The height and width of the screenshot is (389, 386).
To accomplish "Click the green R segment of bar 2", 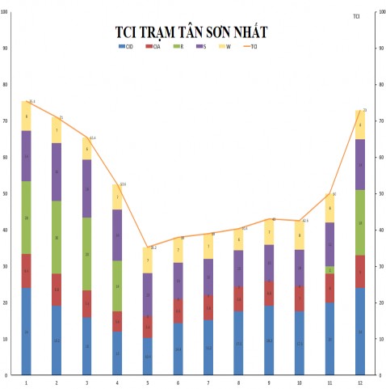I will tap(57, 237).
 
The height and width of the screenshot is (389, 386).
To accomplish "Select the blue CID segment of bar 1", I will tap(27, 332).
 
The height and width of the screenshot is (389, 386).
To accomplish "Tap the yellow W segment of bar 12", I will tap(359, 125).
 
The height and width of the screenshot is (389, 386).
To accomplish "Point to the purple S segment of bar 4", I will tap(117, 235).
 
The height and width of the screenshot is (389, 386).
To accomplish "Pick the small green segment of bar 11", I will tap(329, 270).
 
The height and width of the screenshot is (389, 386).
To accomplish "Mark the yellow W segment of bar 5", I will tap(147, 260).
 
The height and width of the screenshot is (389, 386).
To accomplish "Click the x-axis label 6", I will tap(178, 382).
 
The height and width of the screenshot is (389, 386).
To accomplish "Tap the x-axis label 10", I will tap(299, 382).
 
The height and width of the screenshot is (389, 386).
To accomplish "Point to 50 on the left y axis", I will tap(6, 193).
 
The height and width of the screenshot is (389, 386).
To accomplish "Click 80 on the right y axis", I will tap(380, 85).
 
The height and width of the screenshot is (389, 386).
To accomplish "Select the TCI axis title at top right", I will tap(357, 16).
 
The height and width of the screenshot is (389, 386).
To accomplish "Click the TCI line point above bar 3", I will tap(87, 137).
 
